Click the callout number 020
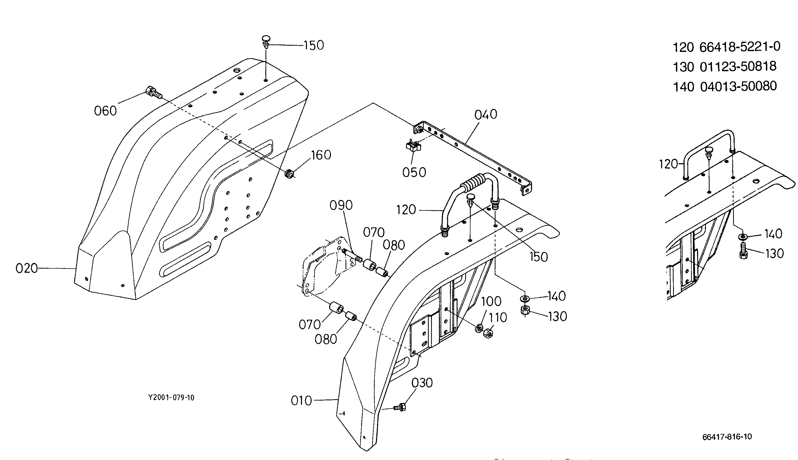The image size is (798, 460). click(27, 269)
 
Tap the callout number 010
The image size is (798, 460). click(301, 401)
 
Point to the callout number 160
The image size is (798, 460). click(321, 155)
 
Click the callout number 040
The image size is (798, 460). click(486, 114)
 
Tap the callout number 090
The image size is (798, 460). click(341, 205)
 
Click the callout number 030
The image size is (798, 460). click(422, 383)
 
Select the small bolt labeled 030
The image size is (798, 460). click(400, 407)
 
